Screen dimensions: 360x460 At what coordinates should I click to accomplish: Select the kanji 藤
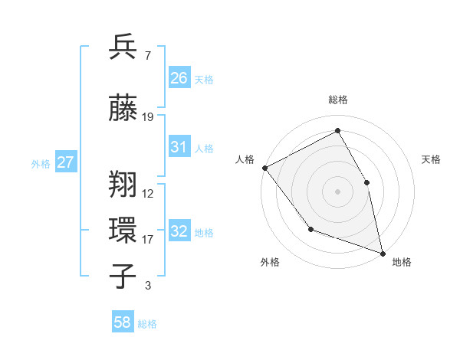tap(123, 108)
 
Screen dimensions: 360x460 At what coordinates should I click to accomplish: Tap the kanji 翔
tap(123, 185)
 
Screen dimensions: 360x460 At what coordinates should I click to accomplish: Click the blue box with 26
tap(179, 78)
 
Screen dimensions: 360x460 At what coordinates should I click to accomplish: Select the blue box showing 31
tap(179, 148)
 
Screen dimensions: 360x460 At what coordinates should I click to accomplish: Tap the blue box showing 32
tap(179, 232)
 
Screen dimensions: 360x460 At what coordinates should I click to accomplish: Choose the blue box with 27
tap(66, 162)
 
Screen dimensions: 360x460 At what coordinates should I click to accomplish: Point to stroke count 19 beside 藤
tap(148, 117)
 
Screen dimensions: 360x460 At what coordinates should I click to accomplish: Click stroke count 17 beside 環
tap(148, 240)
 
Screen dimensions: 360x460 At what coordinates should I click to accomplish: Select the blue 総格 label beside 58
tap(147, 324)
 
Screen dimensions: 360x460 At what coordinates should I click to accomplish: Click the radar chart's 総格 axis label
tap(338, 100)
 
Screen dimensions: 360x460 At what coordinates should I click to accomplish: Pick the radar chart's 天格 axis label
tap(431, 159)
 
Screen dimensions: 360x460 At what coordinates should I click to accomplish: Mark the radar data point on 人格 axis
tap(264, 168)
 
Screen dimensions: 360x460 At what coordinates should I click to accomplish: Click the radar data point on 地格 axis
tap(383, 252)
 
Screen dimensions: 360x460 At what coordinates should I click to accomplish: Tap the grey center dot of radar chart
tap(338, 191)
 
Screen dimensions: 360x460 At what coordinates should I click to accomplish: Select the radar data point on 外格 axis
tap(310, 229)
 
